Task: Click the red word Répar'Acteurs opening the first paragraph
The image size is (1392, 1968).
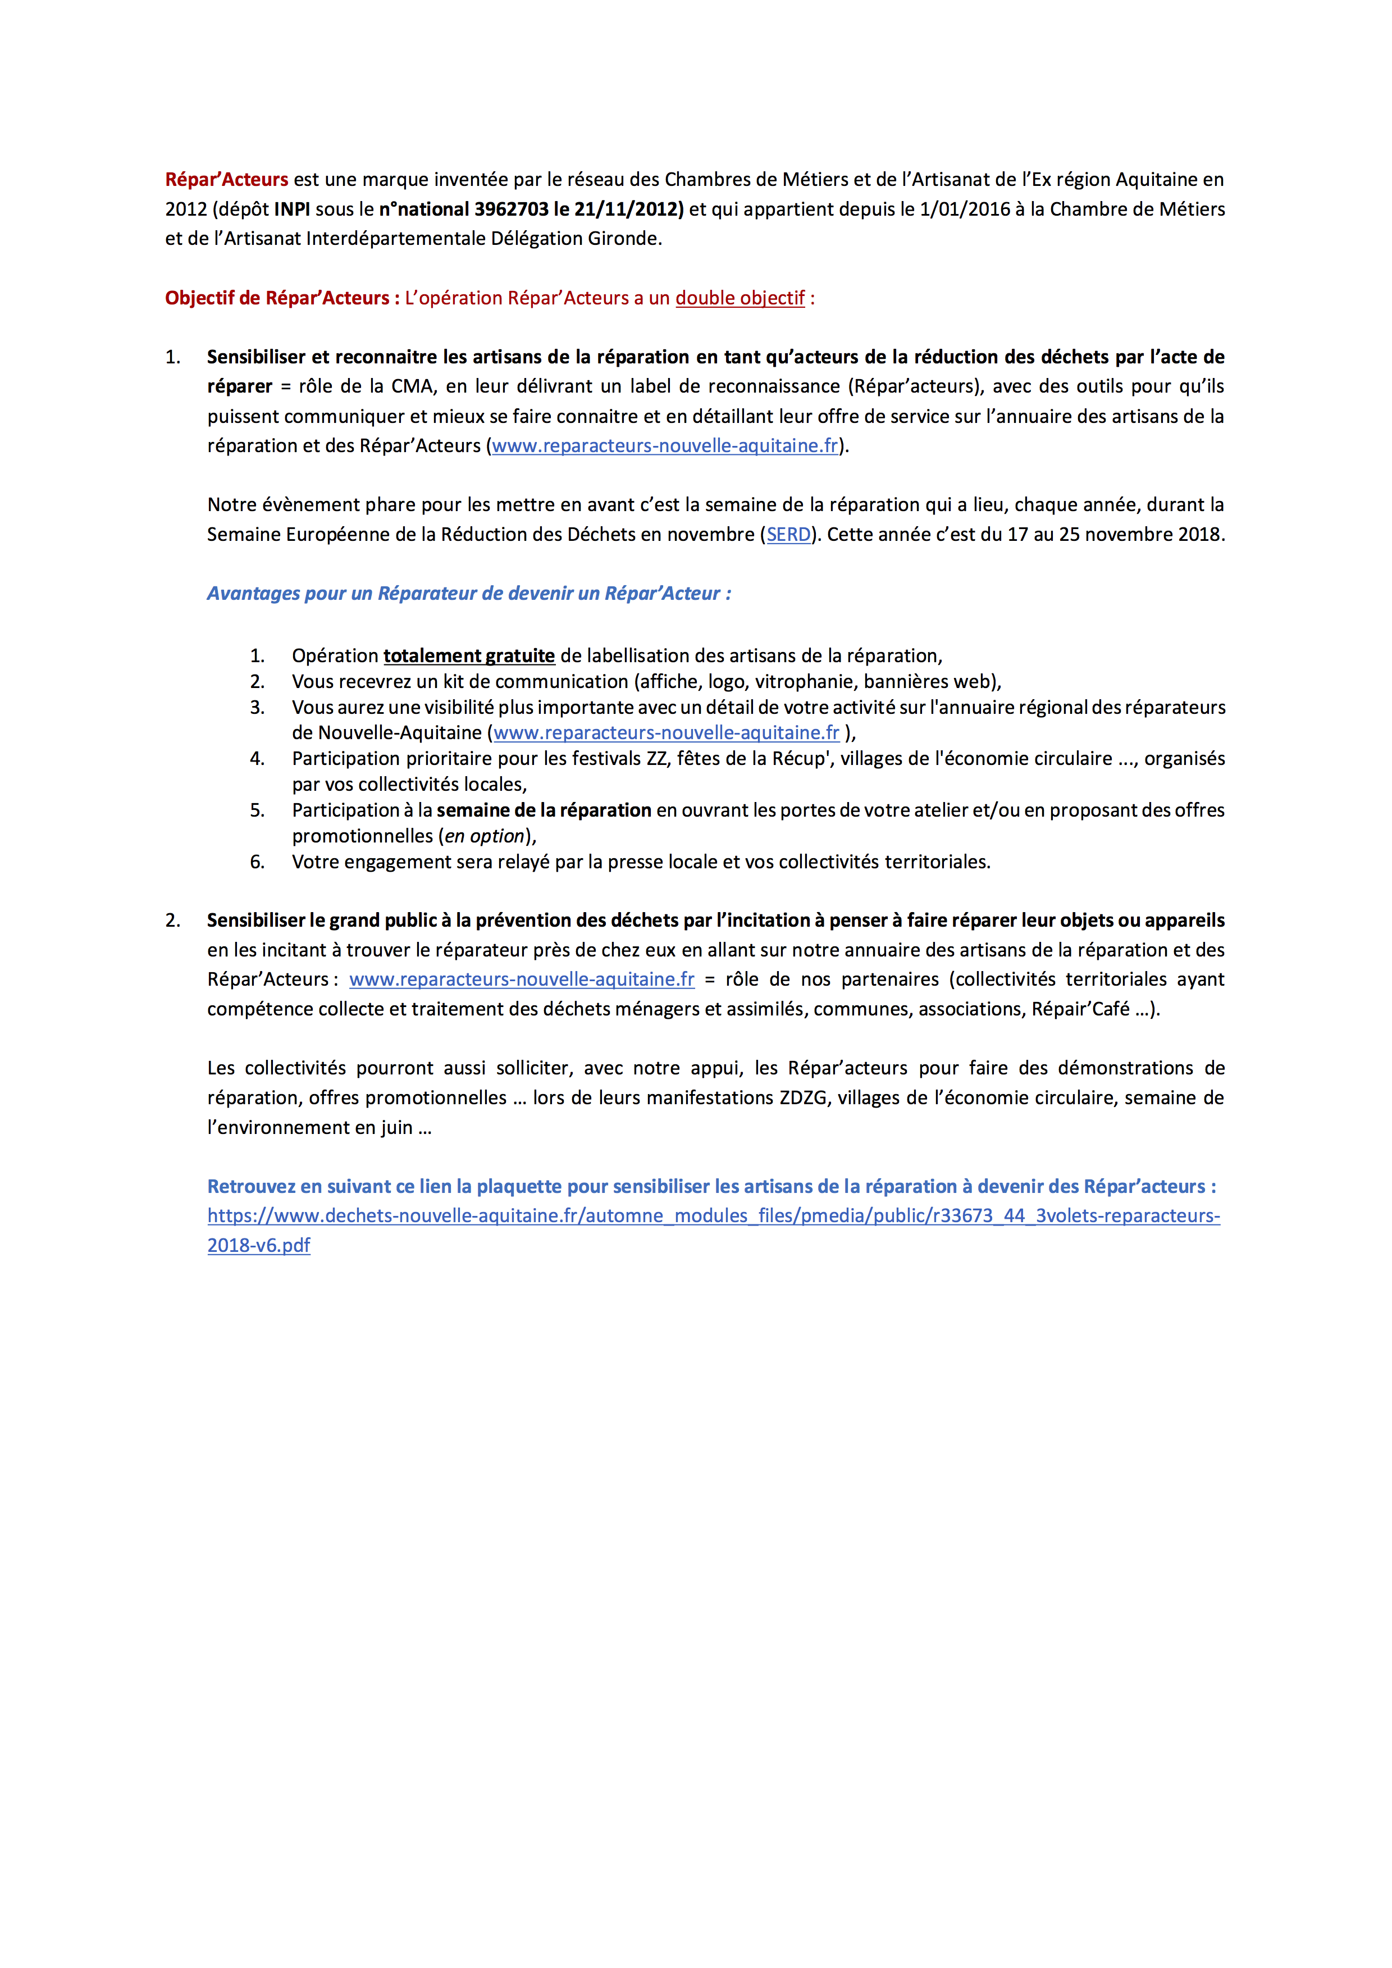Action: point(226,180)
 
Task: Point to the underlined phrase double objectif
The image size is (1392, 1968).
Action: point(740,298)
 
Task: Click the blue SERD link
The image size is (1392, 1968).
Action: point(788,535)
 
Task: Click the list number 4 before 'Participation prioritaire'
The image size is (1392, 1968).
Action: point(257,759)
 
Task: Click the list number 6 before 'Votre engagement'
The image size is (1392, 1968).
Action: point(257,862)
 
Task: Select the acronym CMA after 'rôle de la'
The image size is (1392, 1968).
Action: point(412,386)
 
